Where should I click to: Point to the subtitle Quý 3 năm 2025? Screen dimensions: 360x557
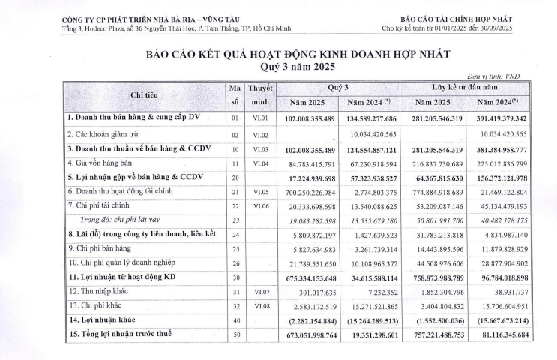279,65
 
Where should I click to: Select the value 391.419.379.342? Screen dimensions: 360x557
514,118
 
